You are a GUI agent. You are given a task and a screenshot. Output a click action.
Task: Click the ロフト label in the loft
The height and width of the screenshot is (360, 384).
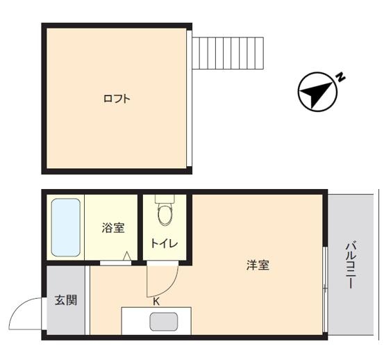point(117,99)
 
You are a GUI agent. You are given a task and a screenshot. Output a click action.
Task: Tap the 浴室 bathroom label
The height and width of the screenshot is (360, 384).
point(113,228)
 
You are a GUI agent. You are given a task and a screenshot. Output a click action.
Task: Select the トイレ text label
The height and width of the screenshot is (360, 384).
point(164,243)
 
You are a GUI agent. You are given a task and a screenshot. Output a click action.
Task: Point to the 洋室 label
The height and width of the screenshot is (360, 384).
point(258,265)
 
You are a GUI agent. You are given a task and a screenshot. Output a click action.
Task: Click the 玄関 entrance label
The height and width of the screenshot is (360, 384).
point(66,300)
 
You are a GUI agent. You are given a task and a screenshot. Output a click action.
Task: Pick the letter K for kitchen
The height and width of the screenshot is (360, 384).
point(156,302)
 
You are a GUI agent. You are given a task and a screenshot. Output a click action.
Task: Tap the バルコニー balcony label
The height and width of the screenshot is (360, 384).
point(351,265)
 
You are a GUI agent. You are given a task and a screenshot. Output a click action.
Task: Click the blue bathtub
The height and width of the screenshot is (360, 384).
point(66,227)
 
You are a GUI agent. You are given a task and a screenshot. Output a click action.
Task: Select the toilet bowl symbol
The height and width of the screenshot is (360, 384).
point(165,215)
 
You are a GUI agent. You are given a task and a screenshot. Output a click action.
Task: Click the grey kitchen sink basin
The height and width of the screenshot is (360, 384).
point(164,322)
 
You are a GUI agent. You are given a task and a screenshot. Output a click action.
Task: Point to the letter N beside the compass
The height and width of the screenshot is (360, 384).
point(340,77)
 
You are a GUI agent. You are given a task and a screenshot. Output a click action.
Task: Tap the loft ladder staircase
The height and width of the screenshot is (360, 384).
point(228,54)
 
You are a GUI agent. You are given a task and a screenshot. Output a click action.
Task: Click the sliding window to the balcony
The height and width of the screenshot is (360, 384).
point(325,289)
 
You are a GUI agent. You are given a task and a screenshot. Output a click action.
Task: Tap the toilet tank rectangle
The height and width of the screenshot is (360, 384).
point(165,199)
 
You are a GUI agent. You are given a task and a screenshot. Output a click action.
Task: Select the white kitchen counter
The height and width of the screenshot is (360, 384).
point(156,321)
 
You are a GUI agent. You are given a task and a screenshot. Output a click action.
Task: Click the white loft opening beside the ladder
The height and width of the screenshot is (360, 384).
point(189,98)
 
